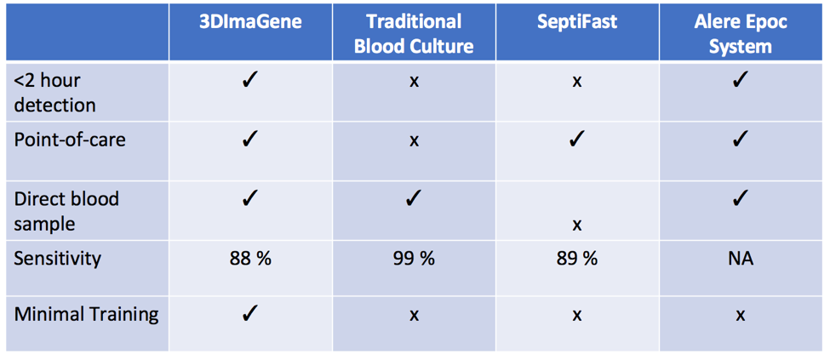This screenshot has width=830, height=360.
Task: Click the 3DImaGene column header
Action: pos(250,23)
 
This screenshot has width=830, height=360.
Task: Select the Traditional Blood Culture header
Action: pos(414,34)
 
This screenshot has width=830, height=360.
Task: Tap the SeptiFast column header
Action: pos(577,23)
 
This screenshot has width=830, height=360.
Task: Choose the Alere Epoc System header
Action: pos(741,34)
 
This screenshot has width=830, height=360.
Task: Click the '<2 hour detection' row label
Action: pos(54,93)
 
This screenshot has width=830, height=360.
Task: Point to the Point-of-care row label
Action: pos(70,140)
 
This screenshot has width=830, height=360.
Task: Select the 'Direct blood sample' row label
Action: pos(66,211)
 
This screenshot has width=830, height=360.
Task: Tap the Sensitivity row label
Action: pos(57,259)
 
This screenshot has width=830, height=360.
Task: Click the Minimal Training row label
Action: pos(86,315)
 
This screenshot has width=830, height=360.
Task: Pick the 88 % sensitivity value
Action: pos(250,259)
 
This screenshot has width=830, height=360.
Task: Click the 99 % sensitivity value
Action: pos(414,259)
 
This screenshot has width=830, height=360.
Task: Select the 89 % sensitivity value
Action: pos(577,259)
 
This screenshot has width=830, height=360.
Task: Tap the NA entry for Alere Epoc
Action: pos(741,259)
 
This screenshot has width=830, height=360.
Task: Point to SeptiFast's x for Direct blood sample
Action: pos(577,226)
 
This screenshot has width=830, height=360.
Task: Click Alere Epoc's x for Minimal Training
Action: pos(741,316)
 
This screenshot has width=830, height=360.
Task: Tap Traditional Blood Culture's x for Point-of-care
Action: pos(414,141)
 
